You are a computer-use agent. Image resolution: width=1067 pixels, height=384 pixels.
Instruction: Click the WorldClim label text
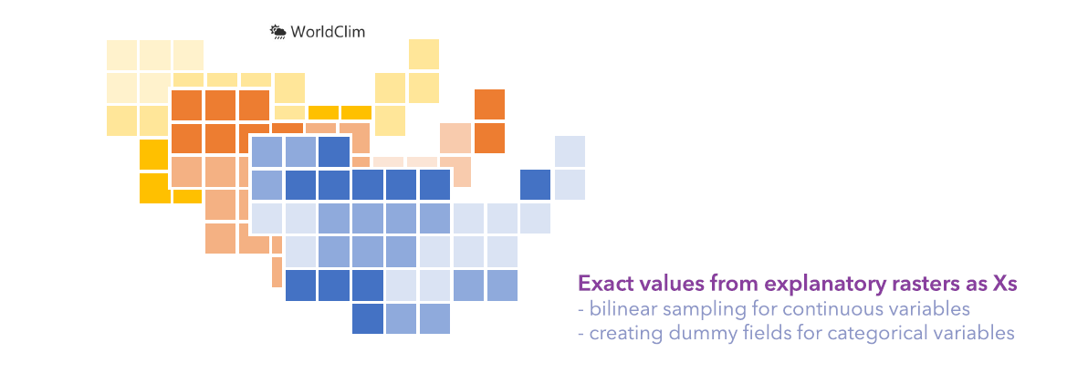[329, 32]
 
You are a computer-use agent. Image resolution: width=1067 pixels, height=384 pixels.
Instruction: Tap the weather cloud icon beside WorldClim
[278, 32]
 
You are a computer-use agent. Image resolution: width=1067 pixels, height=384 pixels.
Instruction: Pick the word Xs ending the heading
[1004, 284]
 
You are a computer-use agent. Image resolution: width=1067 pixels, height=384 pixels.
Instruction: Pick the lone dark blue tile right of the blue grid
[535, 184]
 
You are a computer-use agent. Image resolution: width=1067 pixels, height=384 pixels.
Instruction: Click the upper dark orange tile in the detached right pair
[489, 104]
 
